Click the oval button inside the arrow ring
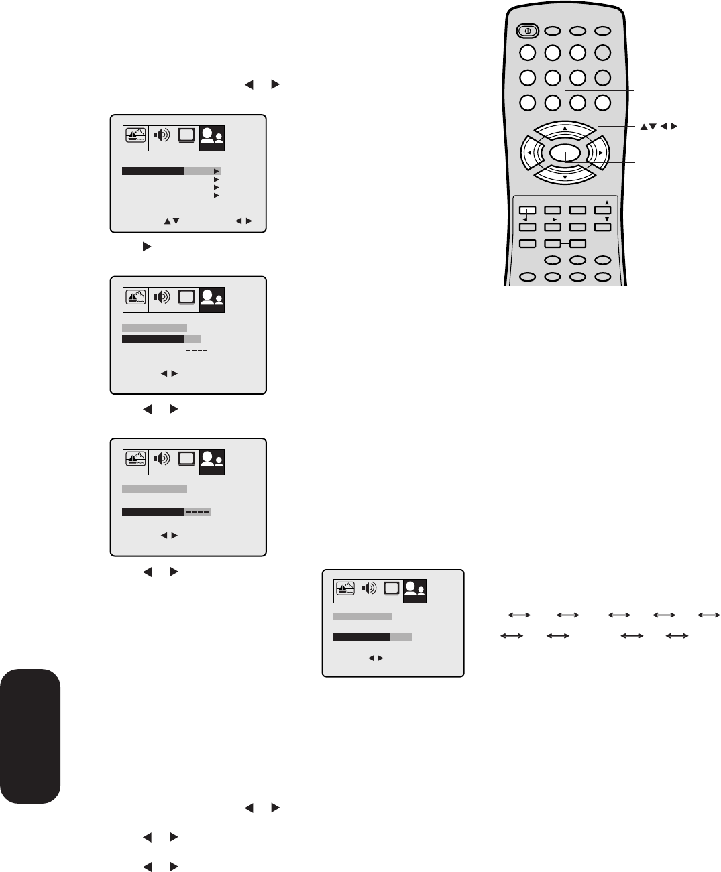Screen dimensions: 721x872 565,153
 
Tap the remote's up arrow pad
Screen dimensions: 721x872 565,129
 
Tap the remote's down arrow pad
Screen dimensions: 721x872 565,176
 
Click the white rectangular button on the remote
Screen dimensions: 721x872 527,210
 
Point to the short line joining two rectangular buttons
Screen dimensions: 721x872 564,243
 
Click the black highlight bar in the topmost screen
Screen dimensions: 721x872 153,172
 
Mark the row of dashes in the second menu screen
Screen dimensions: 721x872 197,351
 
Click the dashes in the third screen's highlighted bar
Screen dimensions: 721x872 198,512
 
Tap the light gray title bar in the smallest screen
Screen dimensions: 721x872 362,616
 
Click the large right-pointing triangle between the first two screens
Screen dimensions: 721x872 143,247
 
